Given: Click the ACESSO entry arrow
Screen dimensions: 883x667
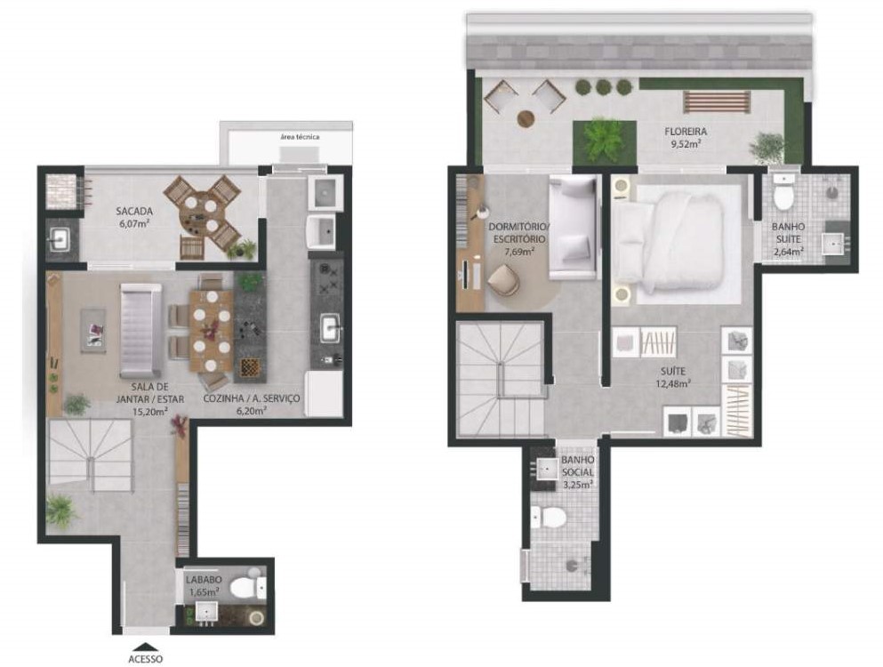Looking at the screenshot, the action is pos(145,647).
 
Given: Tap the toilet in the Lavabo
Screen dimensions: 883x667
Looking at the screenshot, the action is pos(246,588).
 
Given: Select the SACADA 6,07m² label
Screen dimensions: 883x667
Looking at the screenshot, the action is pos(134,217).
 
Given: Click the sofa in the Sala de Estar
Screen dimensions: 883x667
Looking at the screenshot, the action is pos(140,331).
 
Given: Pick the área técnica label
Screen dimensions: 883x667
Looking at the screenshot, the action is pos(300,137).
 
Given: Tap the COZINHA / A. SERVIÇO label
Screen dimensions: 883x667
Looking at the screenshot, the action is pos(251,404).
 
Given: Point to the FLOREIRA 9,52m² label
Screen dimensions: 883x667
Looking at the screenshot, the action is pos(686,137).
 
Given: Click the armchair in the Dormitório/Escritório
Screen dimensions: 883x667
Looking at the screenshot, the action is pos(504,280).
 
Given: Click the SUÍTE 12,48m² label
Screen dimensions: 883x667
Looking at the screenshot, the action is pos(673,377).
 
